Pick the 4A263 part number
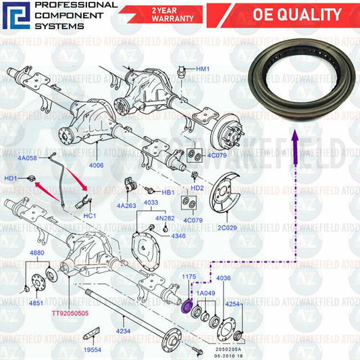click(126, 205)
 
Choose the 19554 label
click(93, 350)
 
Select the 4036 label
click(223, 277)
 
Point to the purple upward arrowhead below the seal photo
click(294, 138)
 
